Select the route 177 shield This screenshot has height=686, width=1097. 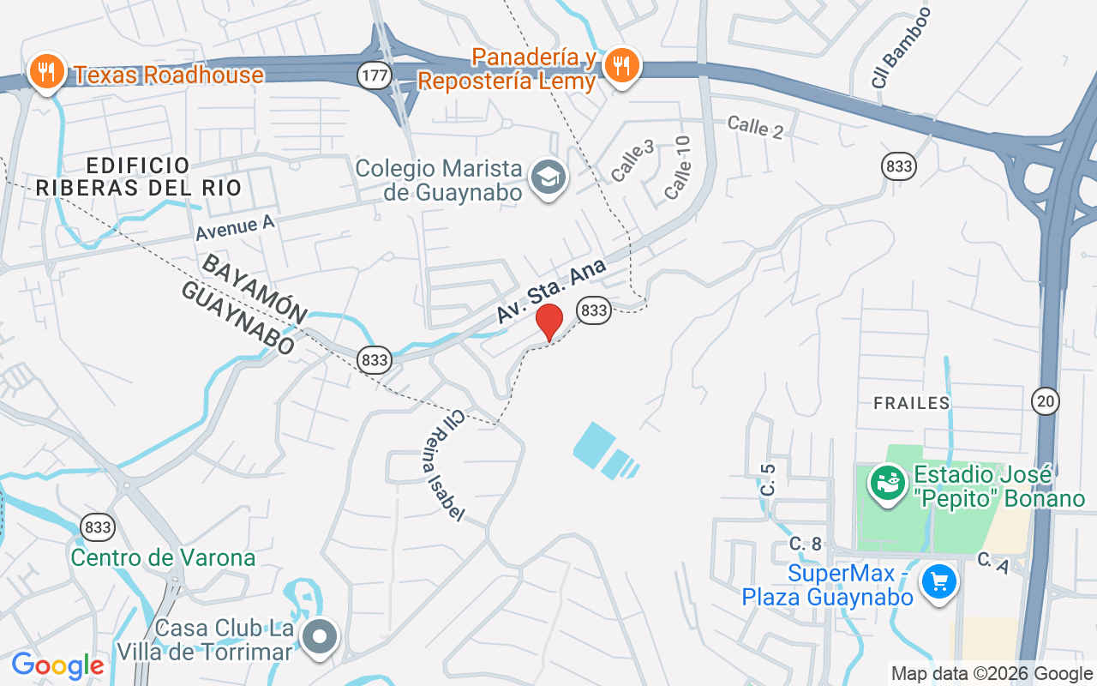coord(375,75)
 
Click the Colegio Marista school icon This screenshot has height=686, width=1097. coord(546,178)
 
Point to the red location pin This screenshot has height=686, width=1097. coord(548,322)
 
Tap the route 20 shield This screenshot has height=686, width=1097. coord(1046,400)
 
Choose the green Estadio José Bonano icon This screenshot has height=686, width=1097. coord(888,483)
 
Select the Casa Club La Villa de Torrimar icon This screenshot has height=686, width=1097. coord(321,637)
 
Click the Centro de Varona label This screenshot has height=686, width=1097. coord(163,558)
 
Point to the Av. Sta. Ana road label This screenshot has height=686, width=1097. coord(552,292)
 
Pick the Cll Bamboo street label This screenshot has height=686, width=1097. coord(901,47)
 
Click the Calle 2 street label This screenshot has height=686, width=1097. coord(755,127)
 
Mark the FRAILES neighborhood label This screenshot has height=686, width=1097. coord(911,403)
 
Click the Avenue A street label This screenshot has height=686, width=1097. coord(234,227)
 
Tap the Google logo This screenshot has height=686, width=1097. coord(57,665)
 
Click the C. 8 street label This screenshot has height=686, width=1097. coord(806,543)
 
